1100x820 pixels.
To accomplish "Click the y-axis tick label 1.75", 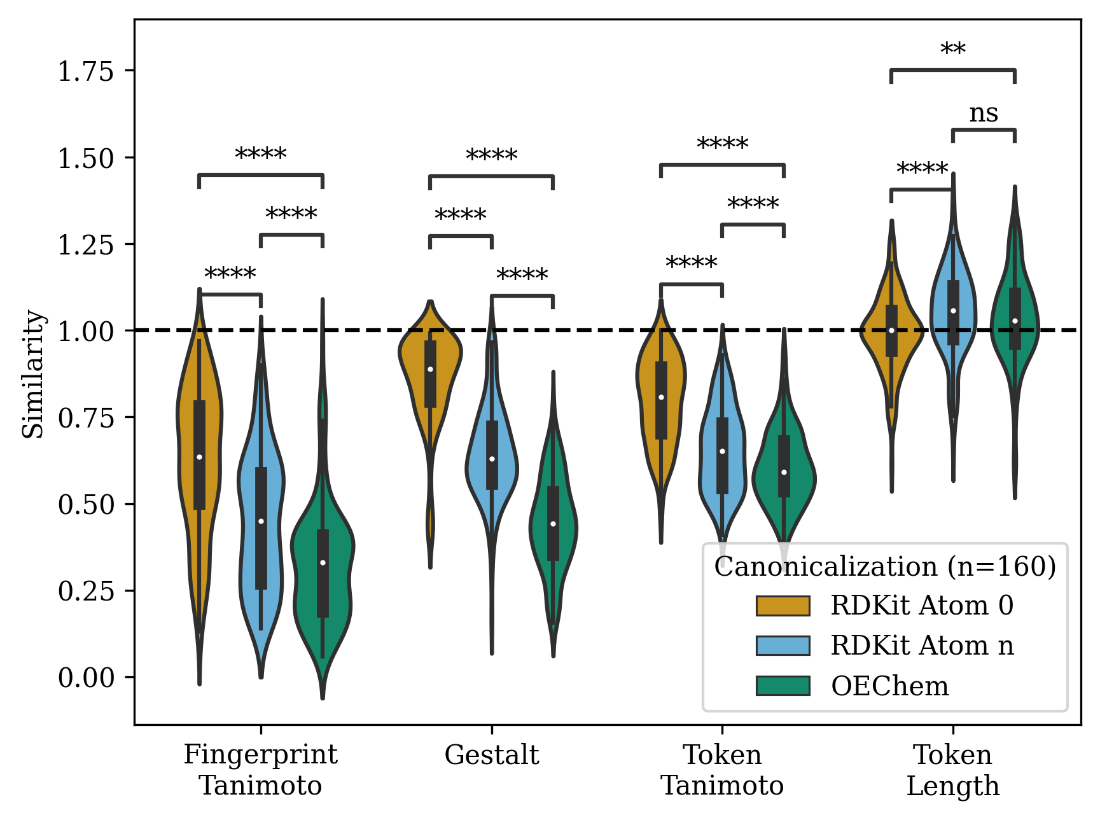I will pyautogui.click(x=85, y=71).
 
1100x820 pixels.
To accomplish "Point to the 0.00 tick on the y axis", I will pyautogui.click(x=85, y=678).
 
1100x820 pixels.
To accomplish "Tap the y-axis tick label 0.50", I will pyautogui.click(x=85, y=505).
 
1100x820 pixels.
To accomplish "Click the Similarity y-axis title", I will pyautogui.click(x=33, y=374).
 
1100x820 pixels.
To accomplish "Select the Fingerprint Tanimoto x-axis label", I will pyautogui.click(x=260, y=770).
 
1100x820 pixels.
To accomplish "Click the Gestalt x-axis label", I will pyautogui.click(x=491, y=755).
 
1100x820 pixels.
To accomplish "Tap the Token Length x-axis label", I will pyautogui.click(x=952, y=770).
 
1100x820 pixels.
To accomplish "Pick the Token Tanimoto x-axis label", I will pyautogui.click(x=722, y=770).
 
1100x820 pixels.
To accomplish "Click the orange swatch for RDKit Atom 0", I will pyautogui.click(x=783, y=606).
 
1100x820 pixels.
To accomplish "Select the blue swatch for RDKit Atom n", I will pyautogui.click(x=783, y=646).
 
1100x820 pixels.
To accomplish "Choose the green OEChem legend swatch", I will pyautogui.click(x=783, y=686).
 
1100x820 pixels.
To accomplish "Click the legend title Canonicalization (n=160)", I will pyautogui.click(x=885, y=566).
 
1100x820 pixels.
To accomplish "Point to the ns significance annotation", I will pyautogui.click(x=983, y=114).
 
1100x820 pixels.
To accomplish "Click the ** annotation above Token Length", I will pyautogui.click(x=952, y=50).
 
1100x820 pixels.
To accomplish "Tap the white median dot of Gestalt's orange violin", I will pyautogui.click(x=430, y=369).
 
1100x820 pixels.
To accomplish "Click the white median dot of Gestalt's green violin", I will pyautogui.click(x=553, y=524).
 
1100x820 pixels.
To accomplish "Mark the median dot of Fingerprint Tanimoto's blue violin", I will pyautogui.click(x=261, y=521).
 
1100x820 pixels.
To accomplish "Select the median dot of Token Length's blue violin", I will pyautogui.click(x=953, y=310).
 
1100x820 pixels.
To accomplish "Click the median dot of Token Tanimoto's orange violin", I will pyautogui.click(x=661, y=397).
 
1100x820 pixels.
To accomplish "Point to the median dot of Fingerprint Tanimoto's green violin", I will pyautogui.click(x=323, y=562).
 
